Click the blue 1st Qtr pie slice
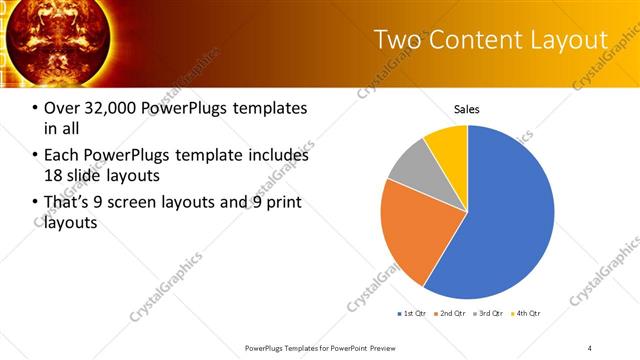point(505,215)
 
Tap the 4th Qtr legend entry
point(526,314)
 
